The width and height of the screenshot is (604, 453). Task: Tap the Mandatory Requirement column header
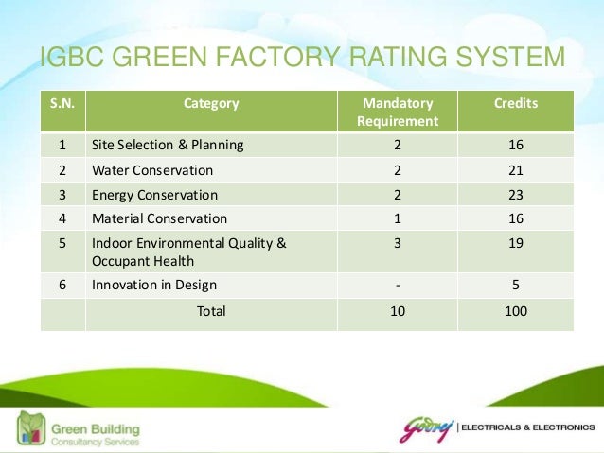pos(398,112)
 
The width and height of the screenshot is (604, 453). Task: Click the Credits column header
pos(516,103)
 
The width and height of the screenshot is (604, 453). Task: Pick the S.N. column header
pos(62,103)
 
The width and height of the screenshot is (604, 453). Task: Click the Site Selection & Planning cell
pos(168,145)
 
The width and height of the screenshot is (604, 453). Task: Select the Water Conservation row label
pos(152,170)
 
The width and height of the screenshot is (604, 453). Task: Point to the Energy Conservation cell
pos(154,195)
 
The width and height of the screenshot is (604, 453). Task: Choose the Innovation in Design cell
pos(154,285)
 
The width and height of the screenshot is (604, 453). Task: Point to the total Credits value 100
pos(516,310)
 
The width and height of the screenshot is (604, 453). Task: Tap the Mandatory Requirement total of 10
pos(398,310)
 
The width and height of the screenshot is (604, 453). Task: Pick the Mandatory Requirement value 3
pos(398,243)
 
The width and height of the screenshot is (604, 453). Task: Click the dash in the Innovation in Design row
pos(398,285)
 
